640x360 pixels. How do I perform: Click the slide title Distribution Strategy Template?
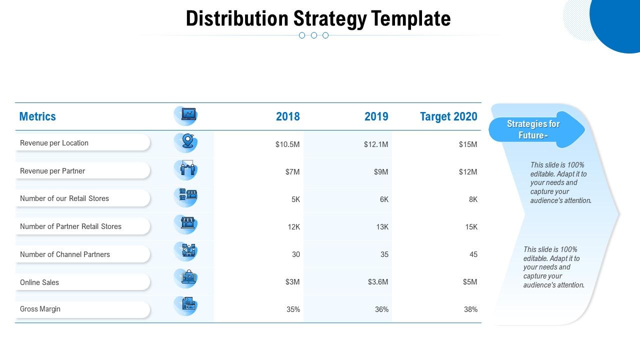318,18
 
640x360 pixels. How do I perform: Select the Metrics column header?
37,116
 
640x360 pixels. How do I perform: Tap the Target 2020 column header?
448,116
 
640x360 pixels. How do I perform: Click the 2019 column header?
376,116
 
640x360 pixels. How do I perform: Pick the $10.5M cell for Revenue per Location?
287,144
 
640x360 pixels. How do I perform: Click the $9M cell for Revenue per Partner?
380,172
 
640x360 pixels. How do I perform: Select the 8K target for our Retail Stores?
472,199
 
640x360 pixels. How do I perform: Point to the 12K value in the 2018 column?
293,227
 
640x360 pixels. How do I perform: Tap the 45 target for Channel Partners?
473,254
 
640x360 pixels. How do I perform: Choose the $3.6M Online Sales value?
377,282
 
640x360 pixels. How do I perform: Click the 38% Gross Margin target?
470,309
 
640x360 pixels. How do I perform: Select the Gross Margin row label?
40,309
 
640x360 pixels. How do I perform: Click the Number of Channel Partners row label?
65,254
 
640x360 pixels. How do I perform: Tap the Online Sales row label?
39,282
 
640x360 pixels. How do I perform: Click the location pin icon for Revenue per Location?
187,141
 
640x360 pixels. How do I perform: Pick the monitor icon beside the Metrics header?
188,114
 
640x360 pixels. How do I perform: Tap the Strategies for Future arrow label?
533,129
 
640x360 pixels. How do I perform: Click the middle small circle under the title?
314,35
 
